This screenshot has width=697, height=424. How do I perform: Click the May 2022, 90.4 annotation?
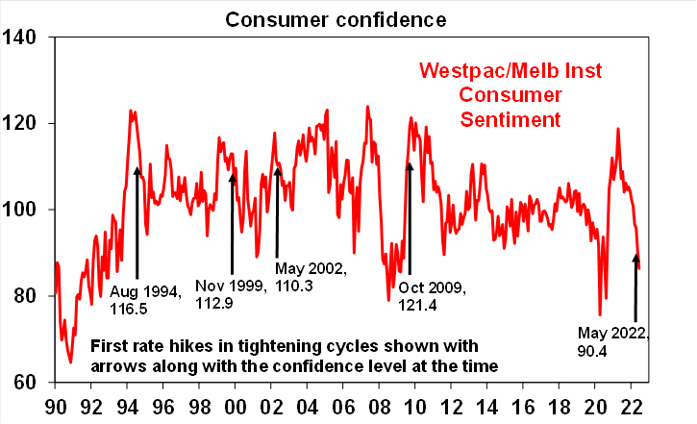click(x=614, y=342)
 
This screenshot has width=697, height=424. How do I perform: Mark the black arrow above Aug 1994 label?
click(x=137, y=221)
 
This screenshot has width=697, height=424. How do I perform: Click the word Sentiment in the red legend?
click(x=508, y=119)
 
